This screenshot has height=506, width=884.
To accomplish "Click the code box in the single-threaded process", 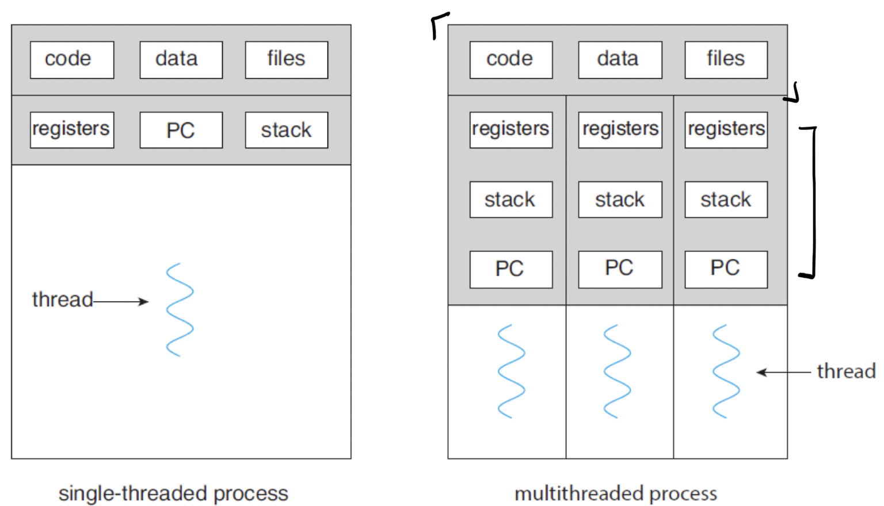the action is point(72,60).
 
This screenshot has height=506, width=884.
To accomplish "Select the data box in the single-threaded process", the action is point(181,60).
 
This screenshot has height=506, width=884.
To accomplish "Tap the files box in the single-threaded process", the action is point(287,60).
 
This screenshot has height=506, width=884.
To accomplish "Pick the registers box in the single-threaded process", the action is point(72,130).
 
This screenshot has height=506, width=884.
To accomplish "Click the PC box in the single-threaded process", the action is point(181,130).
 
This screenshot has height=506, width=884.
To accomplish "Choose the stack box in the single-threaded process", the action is point(287,130).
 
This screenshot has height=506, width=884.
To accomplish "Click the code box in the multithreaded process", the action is point(511,60).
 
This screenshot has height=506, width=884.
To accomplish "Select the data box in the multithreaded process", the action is point(620,60).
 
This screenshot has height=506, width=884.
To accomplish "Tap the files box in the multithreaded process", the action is point(726,60).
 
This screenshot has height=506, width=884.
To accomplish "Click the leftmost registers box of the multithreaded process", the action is point(511,130).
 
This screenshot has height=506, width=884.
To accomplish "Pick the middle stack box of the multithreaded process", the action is point(620,200).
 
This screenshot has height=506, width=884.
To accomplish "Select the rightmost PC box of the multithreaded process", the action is point(726,269).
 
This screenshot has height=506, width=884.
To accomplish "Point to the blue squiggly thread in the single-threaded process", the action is point(180,309).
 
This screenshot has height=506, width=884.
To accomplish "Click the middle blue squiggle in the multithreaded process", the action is point(617,371).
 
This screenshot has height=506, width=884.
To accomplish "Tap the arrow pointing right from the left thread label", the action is point(121,302).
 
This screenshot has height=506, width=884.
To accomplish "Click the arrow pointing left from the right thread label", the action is point(783,372).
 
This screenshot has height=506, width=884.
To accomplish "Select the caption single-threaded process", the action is point(174,493).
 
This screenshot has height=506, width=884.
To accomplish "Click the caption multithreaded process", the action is point(616,493).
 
